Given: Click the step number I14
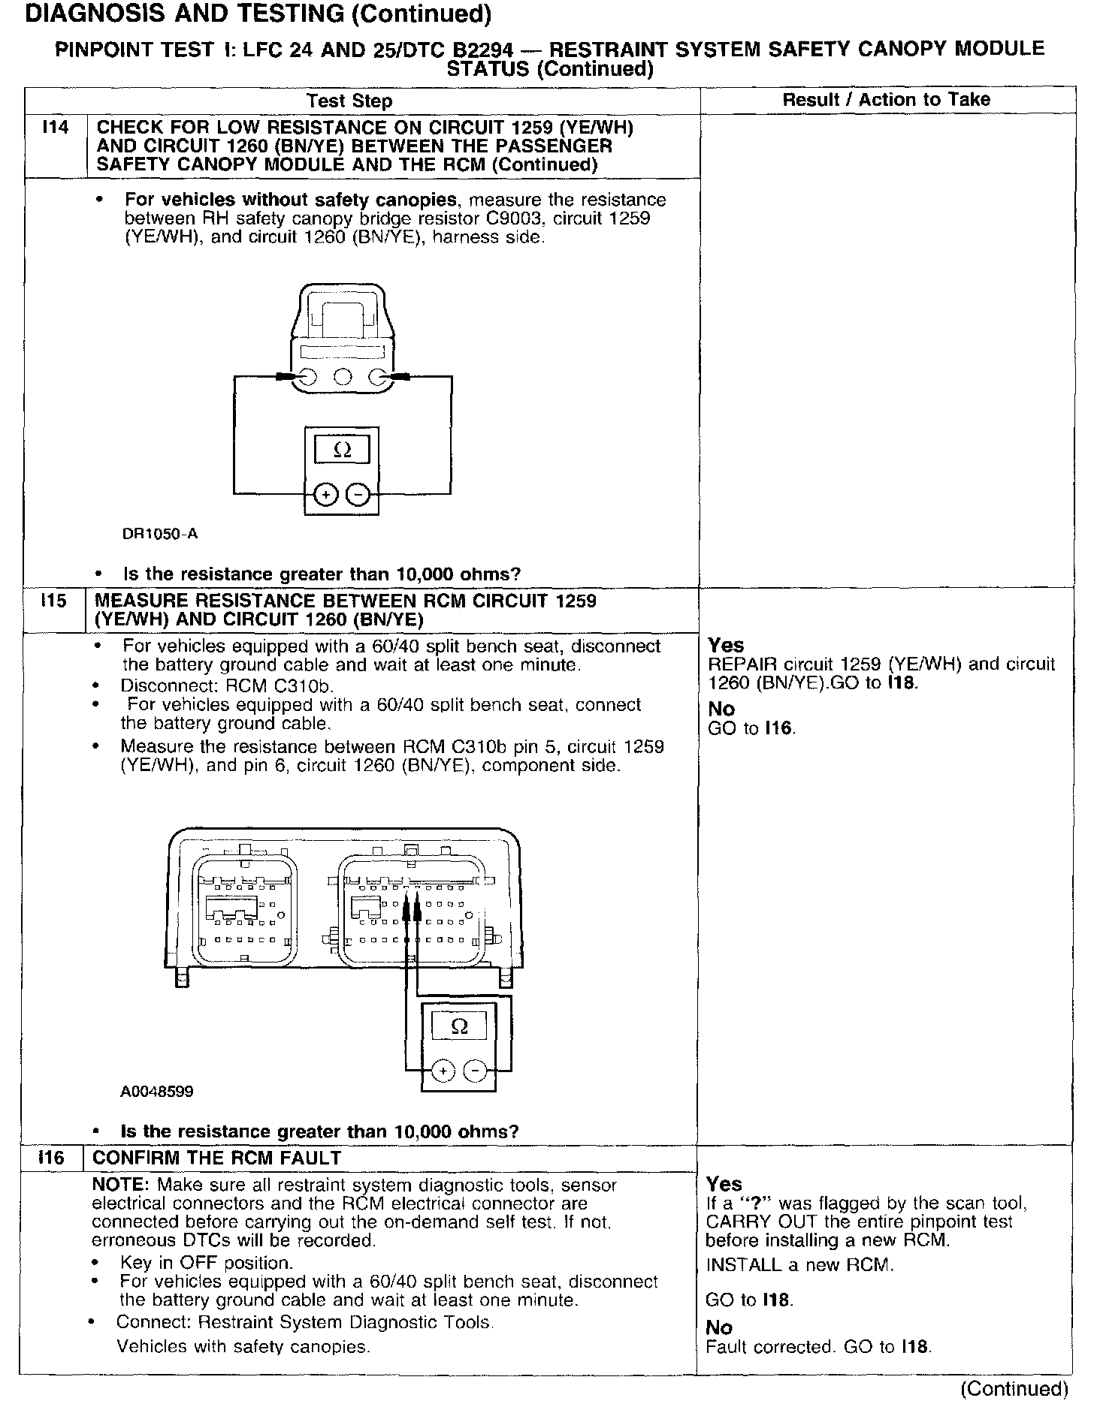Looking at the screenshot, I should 56,128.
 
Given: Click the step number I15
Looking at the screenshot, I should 53,601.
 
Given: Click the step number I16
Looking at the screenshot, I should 51,1158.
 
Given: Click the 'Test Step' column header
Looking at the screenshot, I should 349,101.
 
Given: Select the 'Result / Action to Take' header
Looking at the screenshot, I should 886,100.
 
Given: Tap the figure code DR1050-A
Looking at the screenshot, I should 159,535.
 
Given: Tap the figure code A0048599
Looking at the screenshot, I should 156,1091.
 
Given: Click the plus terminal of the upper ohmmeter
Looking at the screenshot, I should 325,495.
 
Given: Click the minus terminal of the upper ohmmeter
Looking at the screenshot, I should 358,495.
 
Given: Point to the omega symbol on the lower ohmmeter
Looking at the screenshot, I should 459,1026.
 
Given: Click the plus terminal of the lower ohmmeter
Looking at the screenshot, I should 443,1071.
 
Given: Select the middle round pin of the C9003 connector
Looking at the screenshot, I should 343,378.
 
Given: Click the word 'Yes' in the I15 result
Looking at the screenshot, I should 726,646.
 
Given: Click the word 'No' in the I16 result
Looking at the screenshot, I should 719,1328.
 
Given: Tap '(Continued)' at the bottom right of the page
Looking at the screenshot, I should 1014,1389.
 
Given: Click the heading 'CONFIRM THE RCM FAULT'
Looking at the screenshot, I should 216,1158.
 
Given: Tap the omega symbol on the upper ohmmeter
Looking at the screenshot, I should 341,450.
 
